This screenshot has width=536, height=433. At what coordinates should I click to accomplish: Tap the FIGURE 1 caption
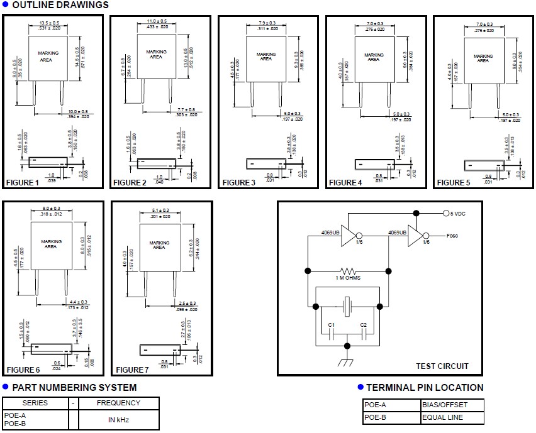[23, 183]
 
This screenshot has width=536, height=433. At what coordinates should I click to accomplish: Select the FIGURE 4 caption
[345, 183]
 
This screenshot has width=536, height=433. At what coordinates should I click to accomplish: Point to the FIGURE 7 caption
[131, 370]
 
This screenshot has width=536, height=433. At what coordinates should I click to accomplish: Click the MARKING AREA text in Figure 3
[266, 57]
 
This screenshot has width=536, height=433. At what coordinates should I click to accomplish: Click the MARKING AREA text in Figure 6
[51, 244]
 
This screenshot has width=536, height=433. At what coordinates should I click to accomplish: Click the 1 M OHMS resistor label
[347, 278]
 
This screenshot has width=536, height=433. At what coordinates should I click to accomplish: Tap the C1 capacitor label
[331, 324]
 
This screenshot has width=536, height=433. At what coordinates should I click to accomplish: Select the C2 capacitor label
[363, 324]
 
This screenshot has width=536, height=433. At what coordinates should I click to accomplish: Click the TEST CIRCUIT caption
[442, 366]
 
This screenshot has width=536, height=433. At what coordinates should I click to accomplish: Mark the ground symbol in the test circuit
[347, 363]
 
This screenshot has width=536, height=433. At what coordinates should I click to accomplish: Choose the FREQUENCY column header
[119, 403]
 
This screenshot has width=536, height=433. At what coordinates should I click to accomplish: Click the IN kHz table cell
[119, 419]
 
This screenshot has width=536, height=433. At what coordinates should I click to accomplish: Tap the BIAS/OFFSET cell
[444, 405]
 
